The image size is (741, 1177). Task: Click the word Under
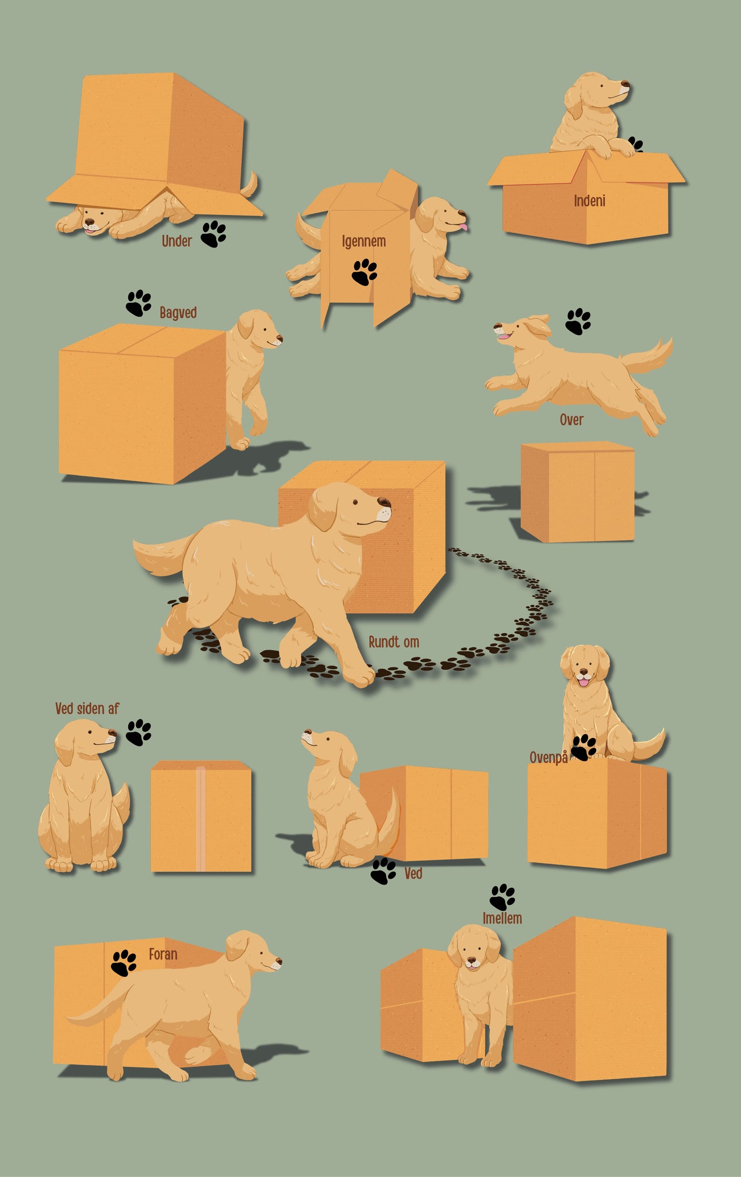coord(176,241)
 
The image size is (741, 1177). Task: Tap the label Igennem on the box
coord(364,241)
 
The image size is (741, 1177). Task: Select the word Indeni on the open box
coord(589,201)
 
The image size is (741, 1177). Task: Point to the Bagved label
coord(178,313)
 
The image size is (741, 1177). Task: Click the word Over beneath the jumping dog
coord(571,420)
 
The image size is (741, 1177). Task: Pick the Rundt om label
coord(394,642)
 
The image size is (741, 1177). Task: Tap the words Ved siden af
coord(87,709)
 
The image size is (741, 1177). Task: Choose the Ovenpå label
coord(548,757)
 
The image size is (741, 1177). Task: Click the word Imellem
coord(502,918)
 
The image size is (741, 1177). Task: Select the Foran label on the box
coord(163,955)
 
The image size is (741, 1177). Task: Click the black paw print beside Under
coord(213,234)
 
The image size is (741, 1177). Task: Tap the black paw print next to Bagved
coord(139,303)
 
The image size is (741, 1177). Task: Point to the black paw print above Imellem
coord(502,897)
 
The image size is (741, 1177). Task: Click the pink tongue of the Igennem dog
coord(463,227)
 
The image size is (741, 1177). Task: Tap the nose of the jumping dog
coord(497,326)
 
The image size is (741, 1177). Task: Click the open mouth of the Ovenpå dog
coord(584,681)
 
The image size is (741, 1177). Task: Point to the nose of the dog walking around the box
coord(385,503)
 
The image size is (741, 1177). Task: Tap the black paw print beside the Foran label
coord(124,963)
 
